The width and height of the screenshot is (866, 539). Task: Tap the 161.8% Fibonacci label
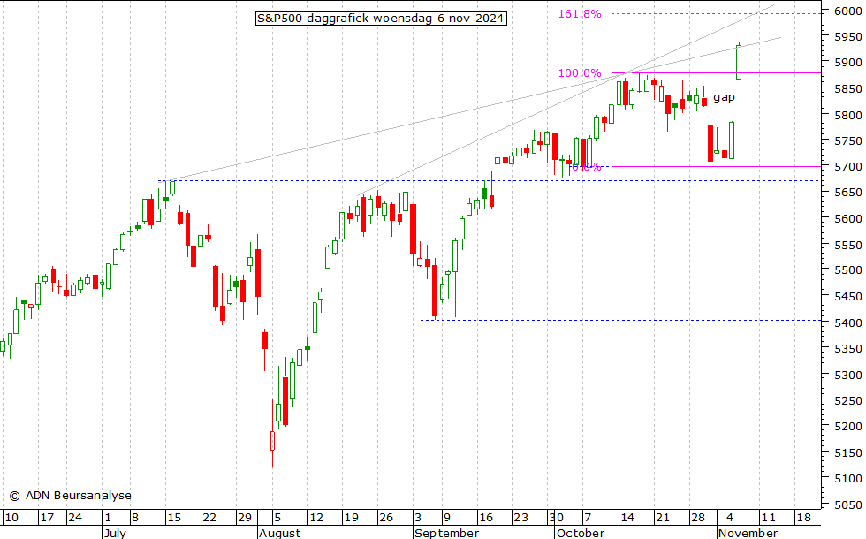coord(579,14)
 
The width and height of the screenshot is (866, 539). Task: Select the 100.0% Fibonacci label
coord(579,73)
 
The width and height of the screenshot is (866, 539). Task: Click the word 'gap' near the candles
coord(724,96)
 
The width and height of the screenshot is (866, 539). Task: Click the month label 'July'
coord(115,533)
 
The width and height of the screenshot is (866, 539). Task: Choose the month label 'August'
coord(279,533)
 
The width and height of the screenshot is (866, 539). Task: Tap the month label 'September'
coord(446,533)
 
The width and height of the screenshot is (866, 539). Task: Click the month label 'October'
coord(581,533)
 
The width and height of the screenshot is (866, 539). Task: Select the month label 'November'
coord(748,533)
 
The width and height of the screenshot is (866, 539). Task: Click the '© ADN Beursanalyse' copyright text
coord(70,496)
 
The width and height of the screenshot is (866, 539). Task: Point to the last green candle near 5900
coord(738,61)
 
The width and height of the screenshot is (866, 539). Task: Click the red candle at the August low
coord(272,441)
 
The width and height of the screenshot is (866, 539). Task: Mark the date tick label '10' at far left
coord(11,518)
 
